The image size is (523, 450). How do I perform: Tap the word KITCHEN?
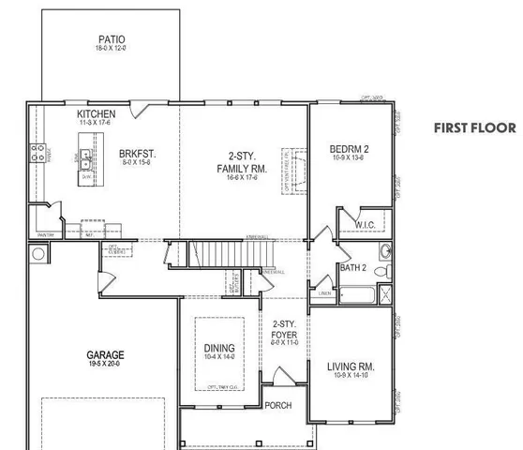(97, 114)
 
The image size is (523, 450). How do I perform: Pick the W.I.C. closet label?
(366, 224)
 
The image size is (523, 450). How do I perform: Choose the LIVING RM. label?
(351, 366)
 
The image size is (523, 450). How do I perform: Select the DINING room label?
(219, 349)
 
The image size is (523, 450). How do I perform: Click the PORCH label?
(278, 405)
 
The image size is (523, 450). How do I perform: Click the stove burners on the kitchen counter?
(39, 153)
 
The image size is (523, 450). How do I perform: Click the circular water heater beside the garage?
(37, 253)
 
